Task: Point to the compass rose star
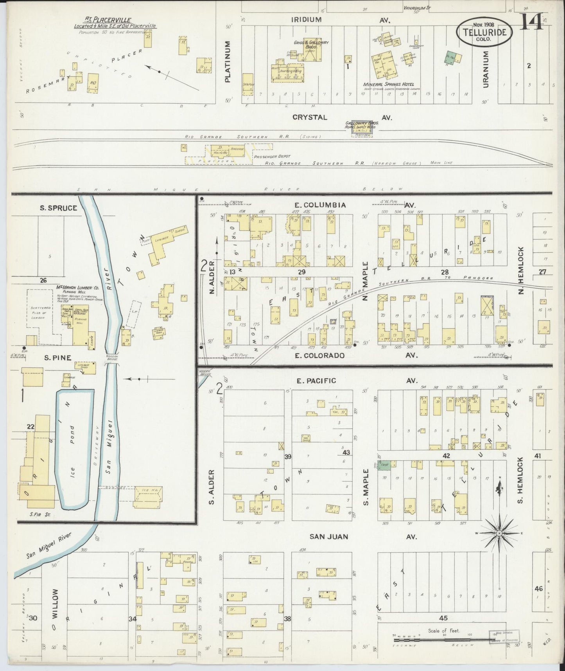[x=499, y=533]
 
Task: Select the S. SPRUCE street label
[x=58, y=208]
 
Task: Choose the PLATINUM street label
[x=228, y=62]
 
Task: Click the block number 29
[x=301, y=272]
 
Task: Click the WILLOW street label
[x=54, y=603]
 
